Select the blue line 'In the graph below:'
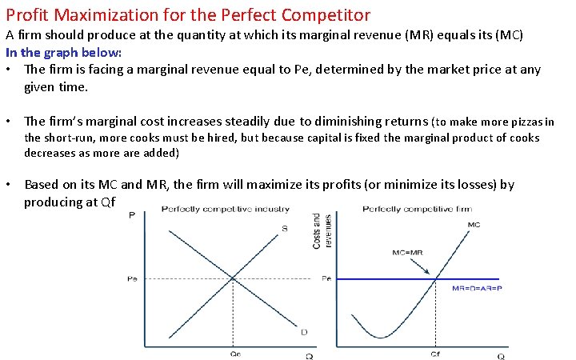coord(64,53)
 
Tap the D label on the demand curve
coord(303,332)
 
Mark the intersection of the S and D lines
coord(233,278)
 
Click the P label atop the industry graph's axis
coord(131,214)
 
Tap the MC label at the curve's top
coord(474,225)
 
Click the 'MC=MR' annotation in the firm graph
coord(407,252)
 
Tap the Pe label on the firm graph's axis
coord(326,278)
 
